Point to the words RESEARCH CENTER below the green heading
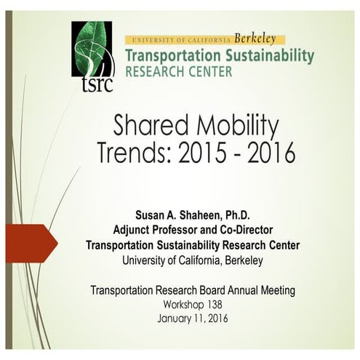pyautogui.click(x=179, y=72)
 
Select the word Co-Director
pyautogui.click(x=252, y=231)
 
